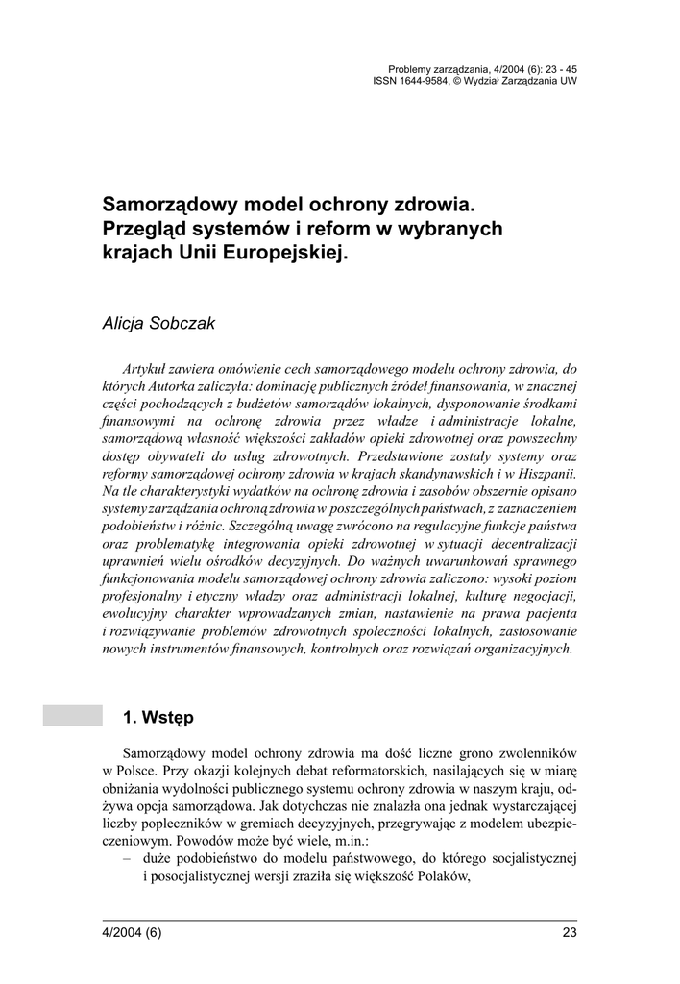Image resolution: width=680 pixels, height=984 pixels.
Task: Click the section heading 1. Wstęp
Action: (159, 717)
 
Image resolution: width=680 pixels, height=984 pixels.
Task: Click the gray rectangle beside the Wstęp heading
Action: (72, 715)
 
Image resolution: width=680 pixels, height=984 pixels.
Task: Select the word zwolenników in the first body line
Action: (535, 752)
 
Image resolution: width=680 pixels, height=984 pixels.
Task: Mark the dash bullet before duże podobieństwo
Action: (128, 857)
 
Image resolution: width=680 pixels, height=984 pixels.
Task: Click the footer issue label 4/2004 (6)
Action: (133, 933)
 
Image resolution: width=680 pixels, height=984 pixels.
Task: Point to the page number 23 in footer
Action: (568, 933)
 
